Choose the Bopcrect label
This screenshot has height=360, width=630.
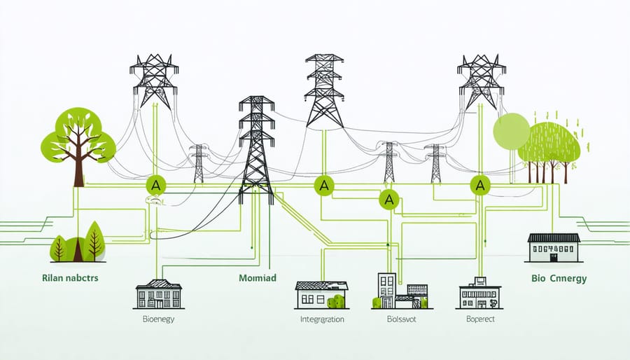(x=479, y=319)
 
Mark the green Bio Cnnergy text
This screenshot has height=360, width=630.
(x=559, y=279)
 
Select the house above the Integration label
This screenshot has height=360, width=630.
(x=321, y=295)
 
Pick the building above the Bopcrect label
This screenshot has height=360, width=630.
(x=479, y=294)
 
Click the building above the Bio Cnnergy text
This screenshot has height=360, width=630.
(x=553, y=248)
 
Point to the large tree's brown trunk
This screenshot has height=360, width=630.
(x=76, y=168)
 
